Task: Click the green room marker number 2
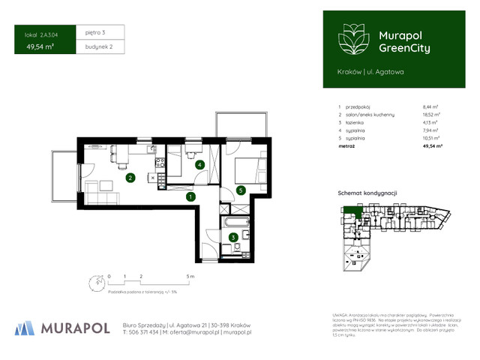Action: tap(130, 178)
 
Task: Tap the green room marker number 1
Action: tap(190, 196)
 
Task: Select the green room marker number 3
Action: tap(233, 237)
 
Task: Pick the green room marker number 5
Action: tap(240, 190)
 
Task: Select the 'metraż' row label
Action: tap(347, 145)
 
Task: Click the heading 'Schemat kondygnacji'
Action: tap(365, 193)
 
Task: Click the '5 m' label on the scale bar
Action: tap(192, 276)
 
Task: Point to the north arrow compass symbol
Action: tap(95, 283)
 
